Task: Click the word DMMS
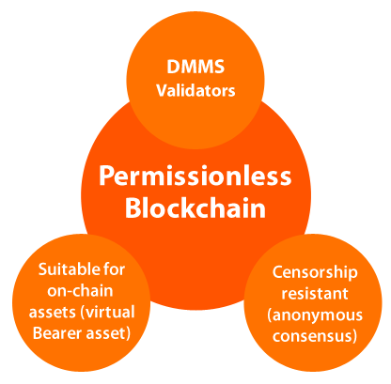point(195,67)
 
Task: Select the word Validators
point(195,90)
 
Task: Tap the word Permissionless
point(195,177)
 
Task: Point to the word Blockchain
point(195,207)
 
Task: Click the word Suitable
point(65,269)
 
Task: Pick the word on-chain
point(80,291)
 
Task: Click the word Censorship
point(315,273)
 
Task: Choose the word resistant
point(315,293)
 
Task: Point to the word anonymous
point(315,315)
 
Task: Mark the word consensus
point(315,336)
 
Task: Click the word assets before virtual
point(53,313)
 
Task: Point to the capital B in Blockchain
point(133,207)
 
